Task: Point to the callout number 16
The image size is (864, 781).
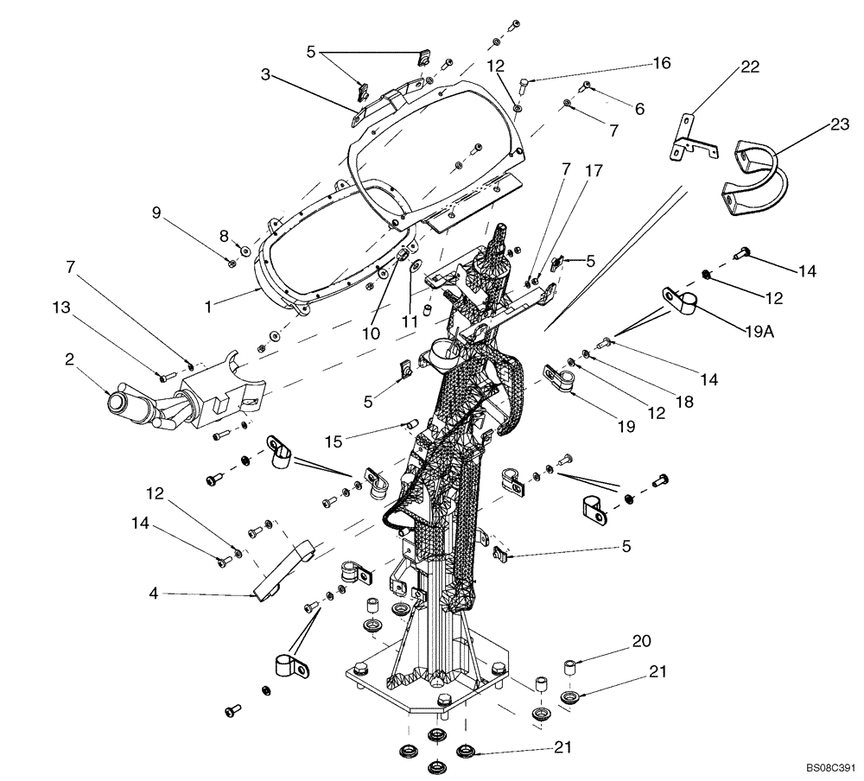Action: click(x=661, y=64)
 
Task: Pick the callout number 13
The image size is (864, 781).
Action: click(x=60, y=307)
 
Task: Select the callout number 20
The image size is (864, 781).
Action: click(x=642, y=640)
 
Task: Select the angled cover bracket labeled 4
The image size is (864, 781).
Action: click(x=285, y=570)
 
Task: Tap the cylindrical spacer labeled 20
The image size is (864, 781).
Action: click(x=569, y=668)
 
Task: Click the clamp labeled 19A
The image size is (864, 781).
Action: click(x=680, y=301)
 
